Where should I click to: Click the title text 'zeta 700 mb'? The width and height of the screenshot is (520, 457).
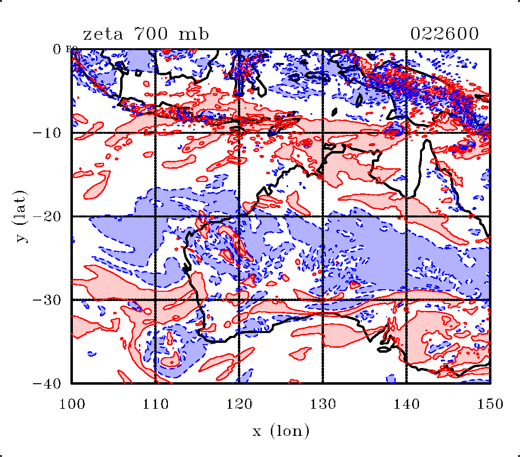pos(146,34)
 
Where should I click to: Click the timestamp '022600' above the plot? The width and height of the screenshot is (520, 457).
pos(444,34)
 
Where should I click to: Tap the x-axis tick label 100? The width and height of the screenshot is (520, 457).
pos(72,404)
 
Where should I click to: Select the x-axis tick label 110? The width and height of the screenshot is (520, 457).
pos(155,404)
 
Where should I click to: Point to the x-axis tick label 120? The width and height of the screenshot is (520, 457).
pos(239,404)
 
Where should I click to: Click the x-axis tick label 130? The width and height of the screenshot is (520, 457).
pos(323,404)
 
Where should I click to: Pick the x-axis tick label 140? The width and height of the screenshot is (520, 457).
pos(406,404)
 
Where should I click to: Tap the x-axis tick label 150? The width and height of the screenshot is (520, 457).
pos(490,404)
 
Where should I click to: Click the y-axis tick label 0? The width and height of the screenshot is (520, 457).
pos(58,49)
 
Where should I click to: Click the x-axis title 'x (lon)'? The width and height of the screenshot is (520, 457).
pos(281,431)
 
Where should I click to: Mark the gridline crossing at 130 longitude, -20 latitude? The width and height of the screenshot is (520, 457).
pos(323,216)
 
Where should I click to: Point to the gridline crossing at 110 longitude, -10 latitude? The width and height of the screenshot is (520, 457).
pos(155,133)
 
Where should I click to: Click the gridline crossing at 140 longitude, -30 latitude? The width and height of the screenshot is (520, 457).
pos(406,300)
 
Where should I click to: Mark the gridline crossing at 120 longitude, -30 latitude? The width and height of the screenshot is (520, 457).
pos(239,300)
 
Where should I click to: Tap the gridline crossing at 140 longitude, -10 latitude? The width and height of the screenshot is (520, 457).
pos(406,133)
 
